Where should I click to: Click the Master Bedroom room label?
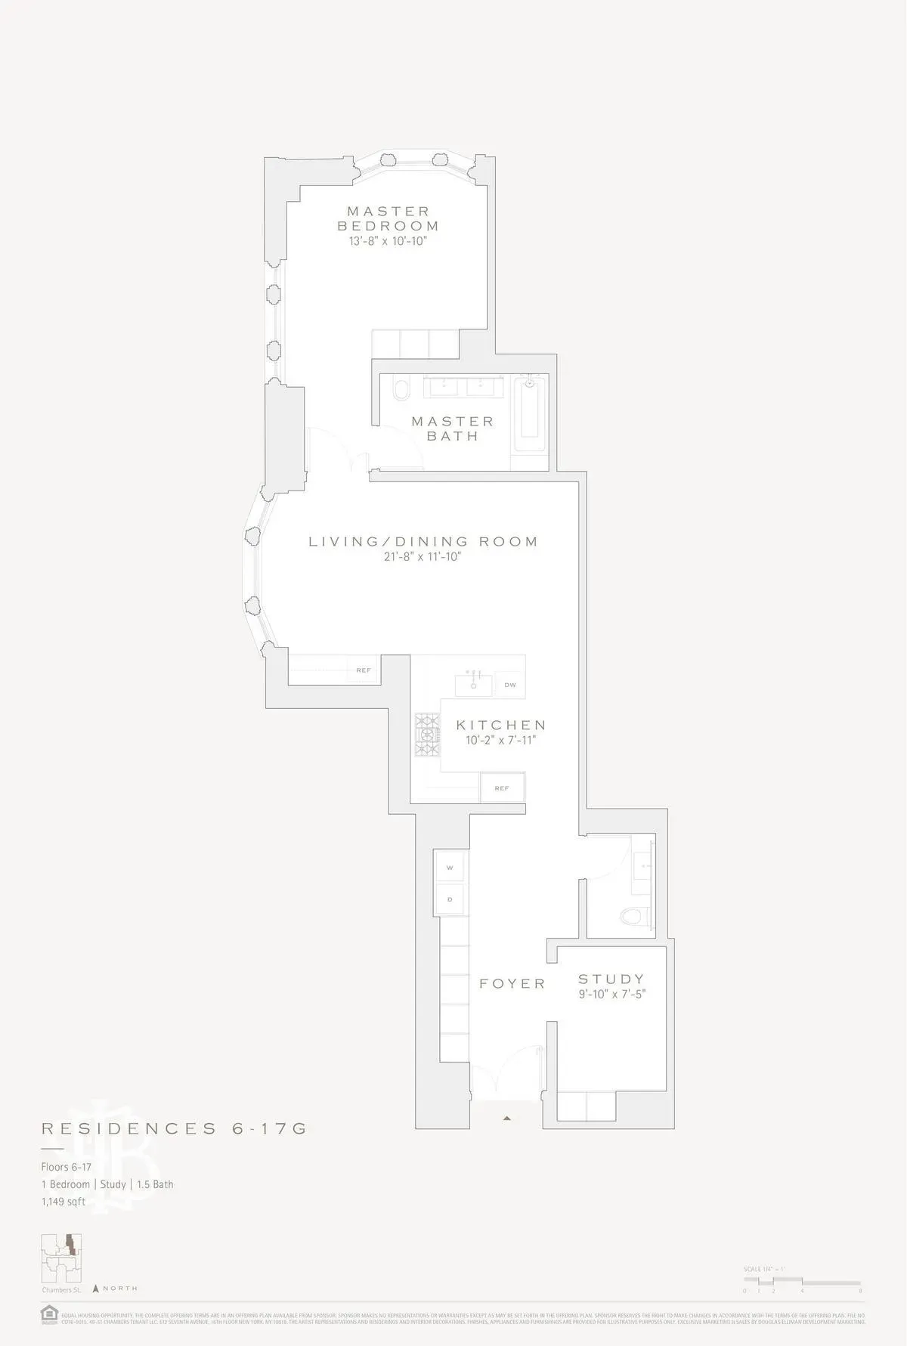coord(388,218)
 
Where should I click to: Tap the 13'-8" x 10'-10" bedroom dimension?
coord(388,242)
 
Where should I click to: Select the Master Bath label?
coord(452,429)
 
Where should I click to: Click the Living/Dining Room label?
coord(423,542)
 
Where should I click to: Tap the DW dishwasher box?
coord(510,685)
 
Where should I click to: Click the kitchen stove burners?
coord(427,734)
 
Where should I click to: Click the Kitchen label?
coord(500,726)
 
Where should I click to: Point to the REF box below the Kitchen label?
coord(502,788)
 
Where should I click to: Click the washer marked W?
coord(450,868)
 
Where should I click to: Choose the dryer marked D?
coord(450,899)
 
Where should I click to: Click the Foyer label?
coord(512,984)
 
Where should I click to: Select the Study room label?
coord(611,979)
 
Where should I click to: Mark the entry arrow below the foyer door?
coord(507,1118)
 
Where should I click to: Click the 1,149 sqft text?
coord(63,1202)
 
